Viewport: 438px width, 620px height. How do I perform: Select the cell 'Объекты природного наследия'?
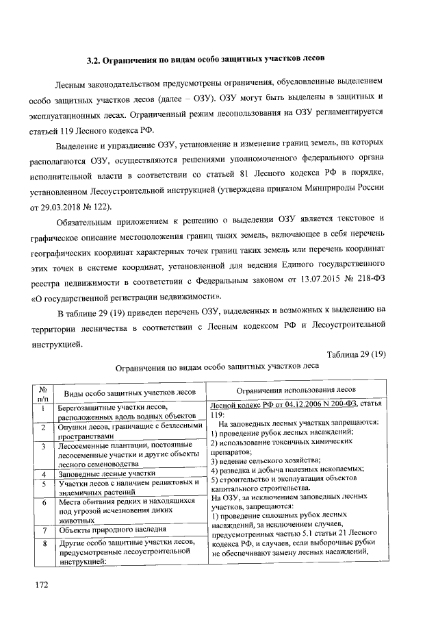point(112,530)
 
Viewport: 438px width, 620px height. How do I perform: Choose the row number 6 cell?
point(42,501)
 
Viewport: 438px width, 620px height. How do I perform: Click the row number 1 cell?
point(42,410)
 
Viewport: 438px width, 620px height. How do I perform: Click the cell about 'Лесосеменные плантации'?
point(126,454)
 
